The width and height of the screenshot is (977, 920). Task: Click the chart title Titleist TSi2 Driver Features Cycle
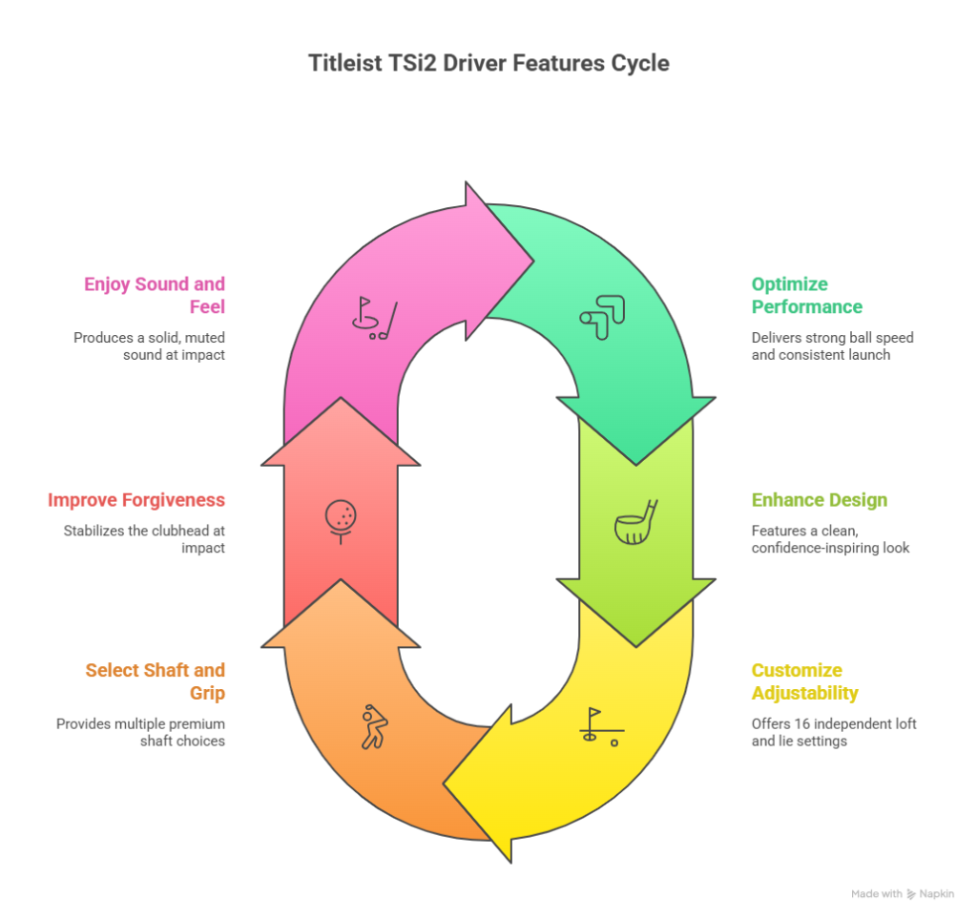[x=488, y=64]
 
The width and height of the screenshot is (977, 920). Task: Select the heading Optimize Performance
[x=806, y=296]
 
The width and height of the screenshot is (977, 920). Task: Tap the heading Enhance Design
[x=819, y=500]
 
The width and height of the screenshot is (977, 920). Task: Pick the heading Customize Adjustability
[x=803, y=681]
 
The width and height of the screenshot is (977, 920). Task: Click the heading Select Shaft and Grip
[x=156, y=681]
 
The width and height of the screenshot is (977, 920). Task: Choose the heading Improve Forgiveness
[x=136, y=500]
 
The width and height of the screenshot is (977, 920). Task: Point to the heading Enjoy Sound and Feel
[x=155, y=296]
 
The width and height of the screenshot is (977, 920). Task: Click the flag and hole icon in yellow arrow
[x=601, y=726]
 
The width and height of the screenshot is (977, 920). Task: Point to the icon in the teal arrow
[x=602, y=318]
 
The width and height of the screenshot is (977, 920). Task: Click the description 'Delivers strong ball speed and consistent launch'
[x=832, y=345]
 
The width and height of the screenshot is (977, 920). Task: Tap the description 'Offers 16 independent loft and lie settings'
[x=833, y=732]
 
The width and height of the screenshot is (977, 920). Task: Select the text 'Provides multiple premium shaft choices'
[x=141, y=732]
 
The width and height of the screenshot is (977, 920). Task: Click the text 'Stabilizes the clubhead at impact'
[x=145, y=539]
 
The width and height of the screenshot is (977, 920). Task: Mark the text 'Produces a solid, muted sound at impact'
[x=150, y=345]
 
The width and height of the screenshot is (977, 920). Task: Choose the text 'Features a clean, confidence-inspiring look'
[x=829, y=539]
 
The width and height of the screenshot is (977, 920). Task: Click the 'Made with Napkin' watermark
[x=902, y=894]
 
